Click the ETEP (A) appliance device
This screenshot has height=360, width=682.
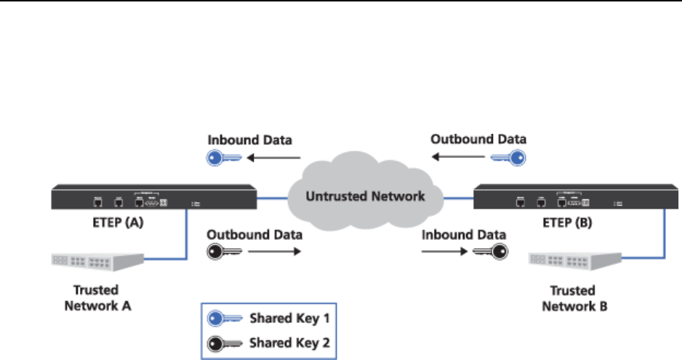coord(153,199)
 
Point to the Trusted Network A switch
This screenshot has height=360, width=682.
coord(97,261)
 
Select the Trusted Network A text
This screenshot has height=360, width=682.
coord(97,298)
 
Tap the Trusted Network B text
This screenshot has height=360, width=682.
coord(575,298)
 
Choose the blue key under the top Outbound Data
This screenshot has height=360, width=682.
coord(506,158)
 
